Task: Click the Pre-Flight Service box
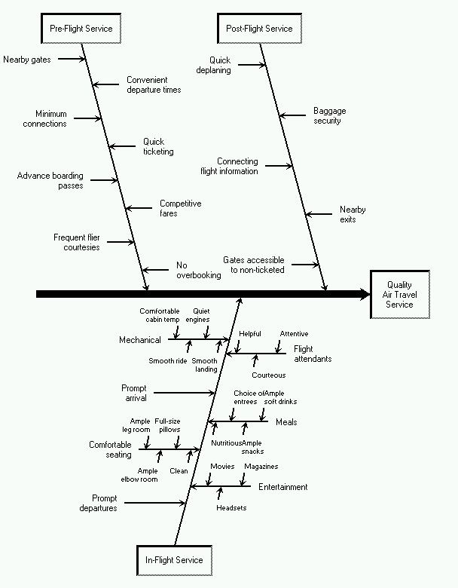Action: pos(81,29)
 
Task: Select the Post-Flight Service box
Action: pos(259,29)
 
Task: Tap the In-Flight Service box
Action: pos(174,560)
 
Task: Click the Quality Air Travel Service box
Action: pos(399,295)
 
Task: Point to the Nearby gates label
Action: pos(27,59)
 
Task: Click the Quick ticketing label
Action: pos(158,146)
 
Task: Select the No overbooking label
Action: pos(198,270)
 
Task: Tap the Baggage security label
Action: pos(329,115)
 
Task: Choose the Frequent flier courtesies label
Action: pos(76,242)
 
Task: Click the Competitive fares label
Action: pos(180,208)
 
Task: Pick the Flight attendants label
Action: pos(312,354)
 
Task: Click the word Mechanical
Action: pos(140,340)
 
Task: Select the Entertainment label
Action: pos(282,487)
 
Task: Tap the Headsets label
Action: pos(231,507)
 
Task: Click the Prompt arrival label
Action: pos(134,393)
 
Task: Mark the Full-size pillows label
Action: pos(168,424)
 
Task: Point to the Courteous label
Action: pos(269,375)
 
